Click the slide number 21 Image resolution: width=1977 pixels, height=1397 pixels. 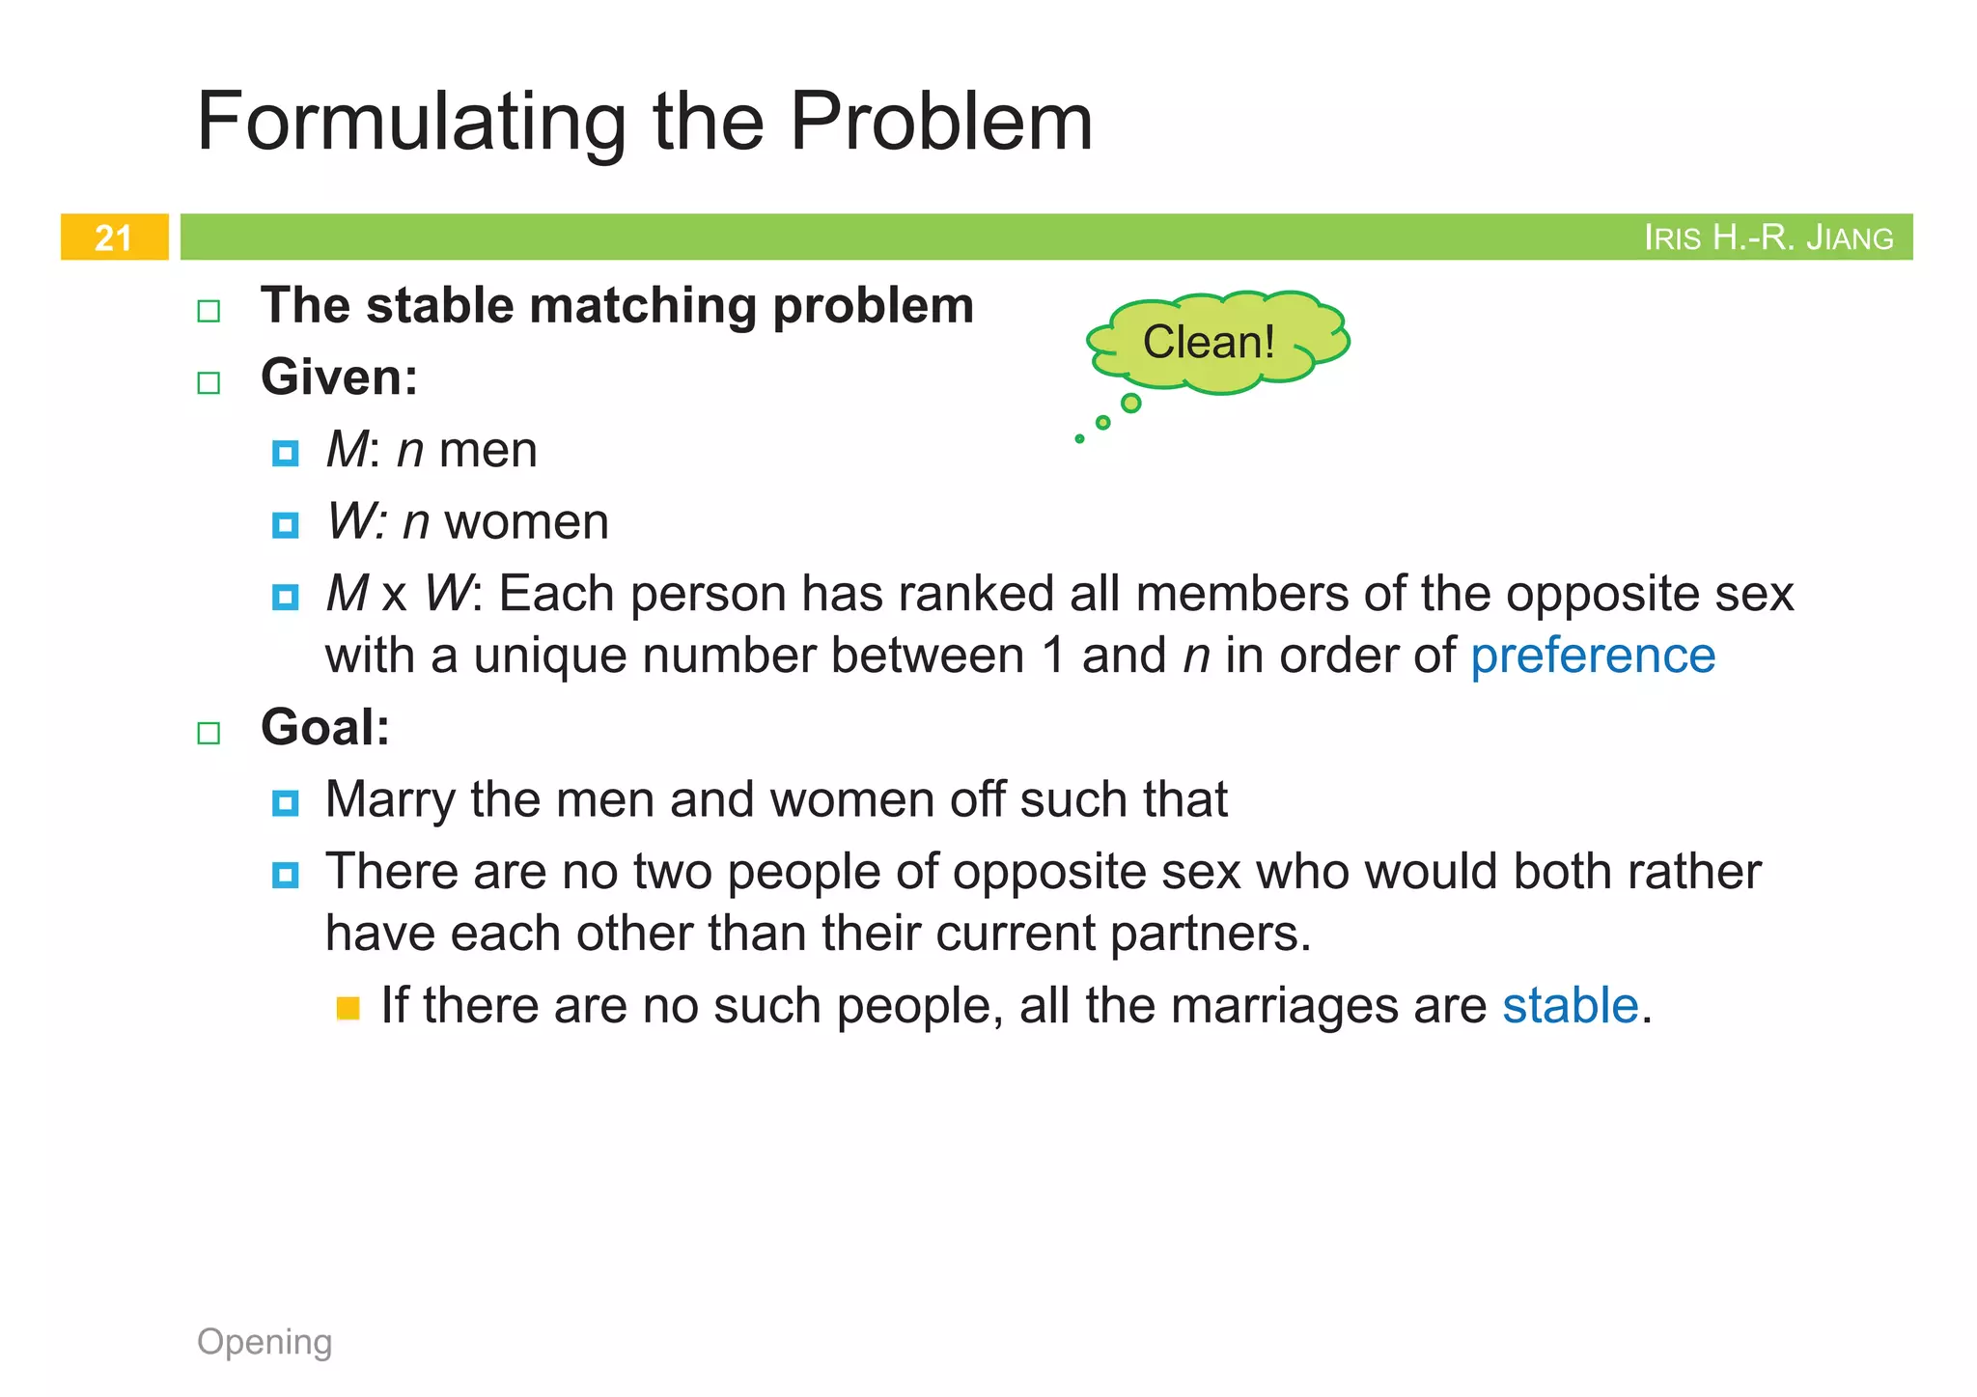113,237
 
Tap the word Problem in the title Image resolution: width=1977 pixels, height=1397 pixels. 941,122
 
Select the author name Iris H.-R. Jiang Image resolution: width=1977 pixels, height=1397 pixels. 1768,237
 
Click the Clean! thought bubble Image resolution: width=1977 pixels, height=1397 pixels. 1209,342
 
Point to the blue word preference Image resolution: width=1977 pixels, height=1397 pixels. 1593,656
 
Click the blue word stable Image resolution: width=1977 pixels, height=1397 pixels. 1570,1005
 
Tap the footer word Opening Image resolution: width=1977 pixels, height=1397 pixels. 265,1341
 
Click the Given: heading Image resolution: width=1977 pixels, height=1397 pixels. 339,377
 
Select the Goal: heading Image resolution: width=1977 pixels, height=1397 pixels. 325,727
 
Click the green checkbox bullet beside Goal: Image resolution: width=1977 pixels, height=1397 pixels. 209,733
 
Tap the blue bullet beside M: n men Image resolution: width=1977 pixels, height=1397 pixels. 285,453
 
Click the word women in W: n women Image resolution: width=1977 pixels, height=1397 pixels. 526,522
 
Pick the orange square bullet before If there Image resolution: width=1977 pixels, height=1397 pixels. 348,1009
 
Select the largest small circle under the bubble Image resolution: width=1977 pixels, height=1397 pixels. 1131,403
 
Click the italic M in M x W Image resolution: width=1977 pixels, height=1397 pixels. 347,593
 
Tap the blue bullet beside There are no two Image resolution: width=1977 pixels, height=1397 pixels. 285,875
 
